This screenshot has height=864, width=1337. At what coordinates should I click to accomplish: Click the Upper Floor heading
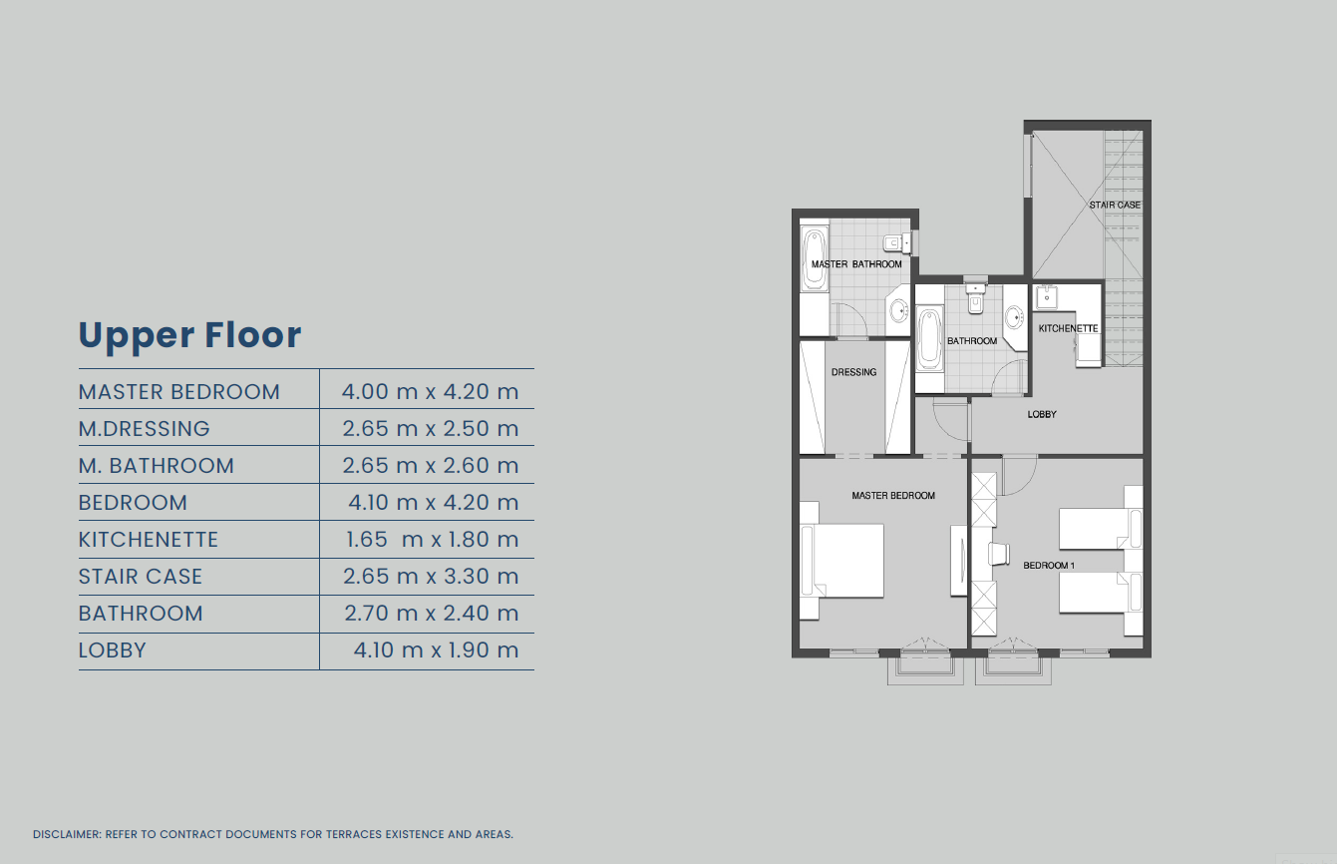(189, 335)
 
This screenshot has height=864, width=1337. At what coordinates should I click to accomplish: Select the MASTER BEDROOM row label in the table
(179, 392)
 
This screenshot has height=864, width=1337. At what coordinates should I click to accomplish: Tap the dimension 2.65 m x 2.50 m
(431, 428)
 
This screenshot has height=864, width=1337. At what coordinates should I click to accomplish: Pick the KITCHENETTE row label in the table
(148, 539)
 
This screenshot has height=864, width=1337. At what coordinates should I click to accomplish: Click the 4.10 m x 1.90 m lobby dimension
(436, 649)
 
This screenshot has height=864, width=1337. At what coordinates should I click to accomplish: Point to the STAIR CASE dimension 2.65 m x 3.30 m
(431, 577)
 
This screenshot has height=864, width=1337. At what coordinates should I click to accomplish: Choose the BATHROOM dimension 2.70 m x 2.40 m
(431, 614)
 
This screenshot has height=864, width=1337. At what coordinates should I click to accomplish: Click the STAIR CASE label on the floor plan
(1115, 205)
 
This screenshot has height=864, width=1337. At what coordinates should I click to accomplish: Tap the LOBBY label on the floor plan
(1042, 414)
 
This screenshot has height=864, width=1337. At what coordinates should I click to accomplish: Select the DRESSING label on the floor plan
(853, 372)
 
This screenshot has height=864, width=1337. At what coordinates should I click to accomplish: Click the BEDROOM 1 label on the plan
(1049, 566)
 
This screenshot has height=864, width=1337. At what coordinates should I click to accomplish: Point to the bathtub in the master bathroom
(814, 259)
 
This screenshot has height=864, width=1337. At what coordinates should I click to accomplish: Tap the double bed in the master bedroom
(841, 561)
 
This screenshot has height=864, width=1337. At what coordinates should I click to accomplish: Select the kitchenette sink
(1046, 297)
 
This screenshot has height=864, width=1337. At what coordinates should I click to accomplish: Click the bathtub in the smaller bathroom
(929, 338)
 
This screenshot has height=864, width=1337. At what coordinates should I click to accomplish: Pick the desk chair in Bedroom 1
(999, 554)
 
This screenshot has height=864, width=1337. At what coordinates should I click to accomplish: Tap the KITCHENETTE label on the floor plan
(1068, 328)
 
